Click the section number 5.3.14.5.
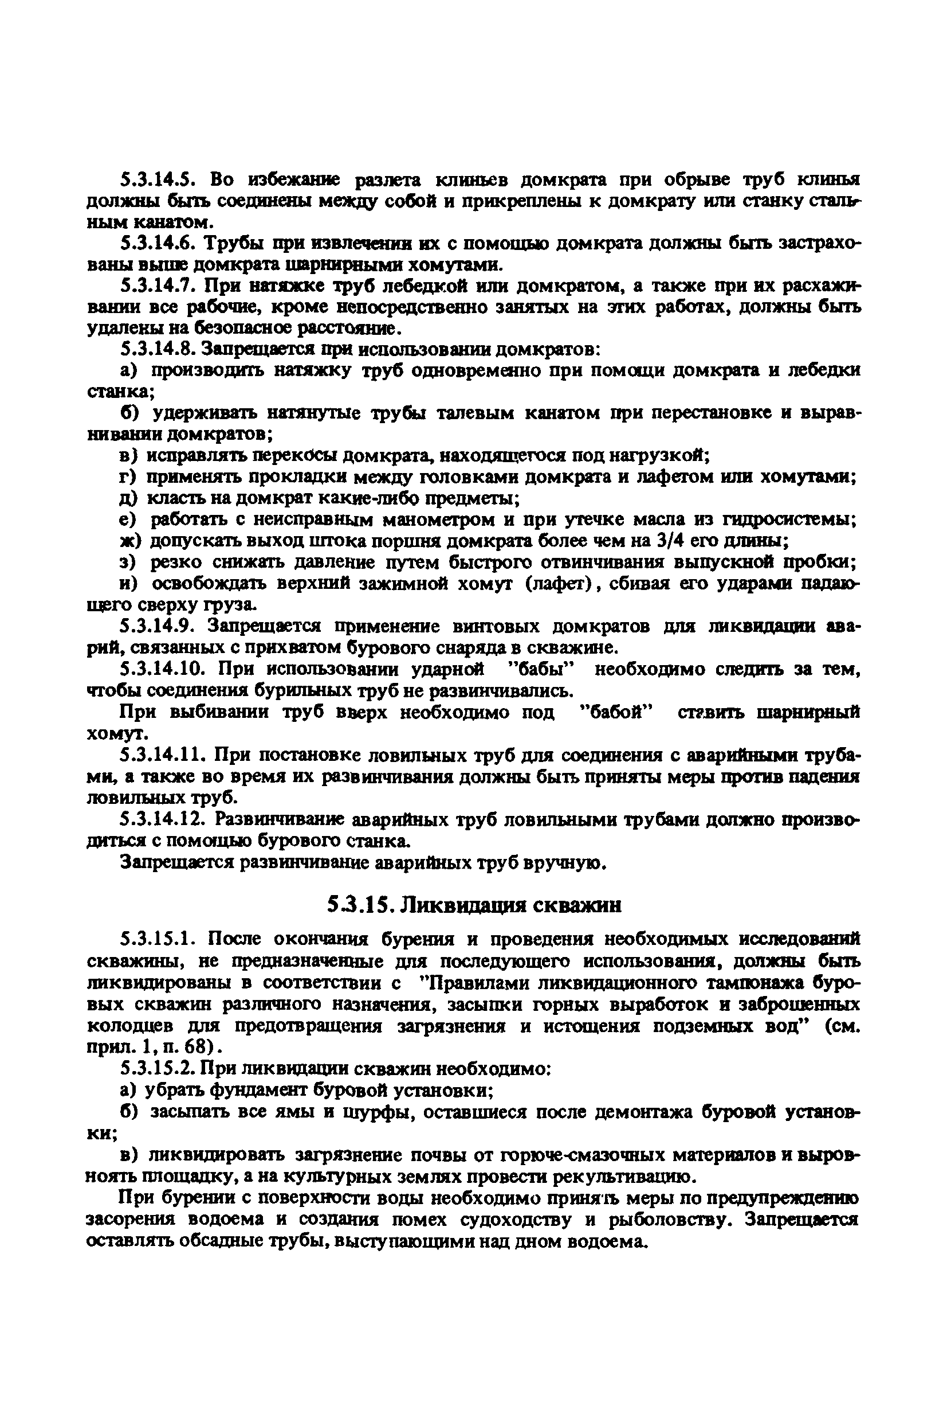pos(158,179)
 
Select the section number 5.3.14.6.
pos(158,244)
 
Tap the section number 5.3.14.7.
pos(158,285)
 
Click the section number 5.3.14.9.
pos(158,626)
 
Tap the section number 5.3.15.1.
pos(158,939)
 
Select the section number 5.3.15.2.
pos(158,1068)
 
